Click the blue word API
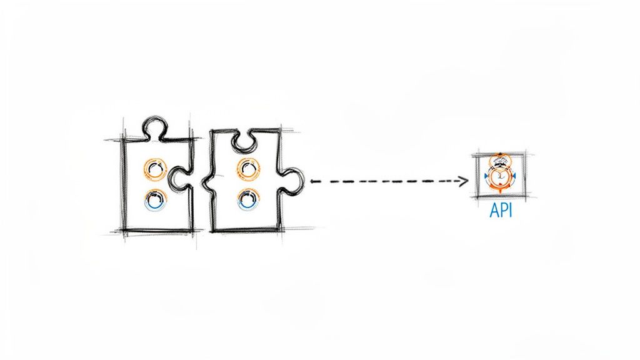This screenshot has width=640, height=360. [500, 211]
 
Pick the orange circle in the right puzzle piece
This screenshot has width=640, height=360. [248, 167]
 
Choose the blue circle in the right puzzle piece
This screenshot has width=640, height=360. [248, 199]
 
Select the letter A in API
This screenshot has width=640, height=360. [492, 211]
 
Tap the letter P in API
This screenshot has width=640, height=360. [502, 211]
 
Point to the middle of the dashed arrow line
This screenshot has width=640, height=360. [387, 181]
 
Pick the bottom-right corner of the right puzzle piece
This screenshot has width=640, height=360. [279, 230]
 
